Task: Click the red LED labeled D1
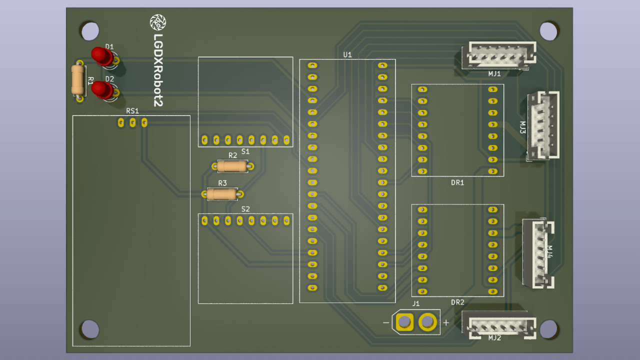tap(102, 55)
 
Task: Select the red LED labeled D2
tap(102, 89)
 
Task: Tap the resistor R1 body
tap(77, 79)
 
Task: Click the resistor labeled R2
tap(232, 166)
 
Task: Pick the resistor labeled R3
tap(222, 194)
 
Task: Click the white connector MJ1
tap(498, 55)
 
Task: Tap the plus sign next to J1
tap(446, 322)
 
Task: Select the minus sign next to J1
tap(386, 323)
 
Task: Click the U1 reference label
tap(347, 54)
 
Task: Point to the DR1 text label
tap(457, 182)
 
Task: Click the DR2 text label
tap(457, 302)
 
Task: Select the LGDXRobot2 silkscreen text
tap(158, 69)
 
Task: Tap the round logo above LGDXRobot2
tap(158, 22)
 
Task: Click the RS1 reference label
tap(132, 111)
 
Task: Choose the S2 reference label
tap(245, 209)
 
